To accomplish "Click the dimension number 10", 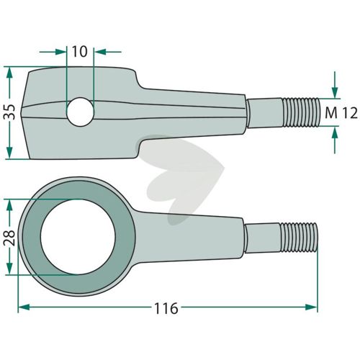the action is click(80, 52).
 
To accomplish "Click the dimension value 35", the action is click(9, 112).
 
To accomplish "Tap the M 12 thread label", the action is click(341, 113).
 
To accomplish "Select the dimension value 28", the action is click(9, 238).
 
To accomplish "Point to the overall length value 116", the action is click(166, 308).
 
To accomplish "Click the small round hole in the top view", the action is click(80, 112).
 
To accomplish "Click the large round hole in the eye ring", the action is click(78, 237).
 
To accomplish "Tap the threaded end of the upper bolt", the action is click(302, 112).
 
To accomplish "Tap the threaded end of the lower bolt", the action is click(299, 237).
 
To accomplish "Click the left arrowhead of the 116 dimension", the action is click(24, 307).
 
